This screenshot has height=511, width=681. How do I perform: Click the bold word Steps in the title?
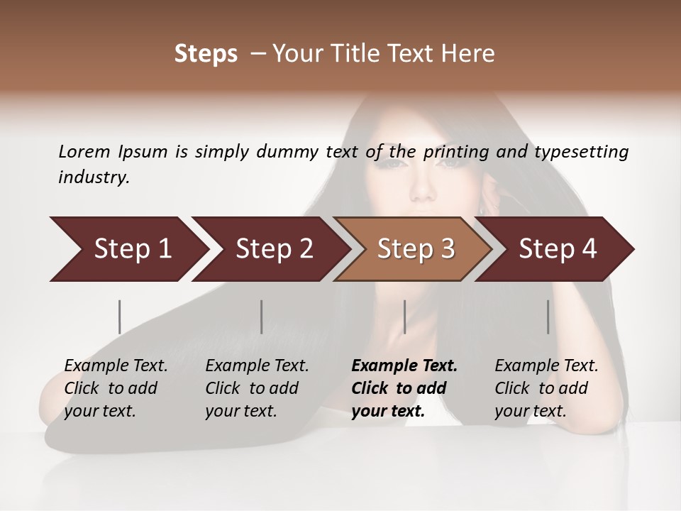[206, 54]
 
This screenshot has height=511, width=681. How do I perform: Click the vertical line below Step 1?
[120, 317]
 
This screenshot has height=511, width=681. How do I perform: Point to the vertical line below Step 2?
[262, 317]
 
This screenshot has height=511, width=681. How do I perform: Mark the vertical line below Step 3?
[404, 317]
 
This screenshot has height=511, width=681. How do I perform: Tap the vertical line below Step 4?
[548, 317]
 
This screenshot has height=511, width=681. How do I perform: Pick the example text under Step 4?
[546, 388]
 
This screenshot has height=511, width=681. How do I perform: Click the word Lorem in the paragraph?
[84, 151]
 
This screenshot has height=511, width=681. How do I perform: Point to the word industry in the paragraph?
[94, 177]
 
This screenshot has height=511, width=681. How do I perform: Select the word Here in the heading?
[469, 54]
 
